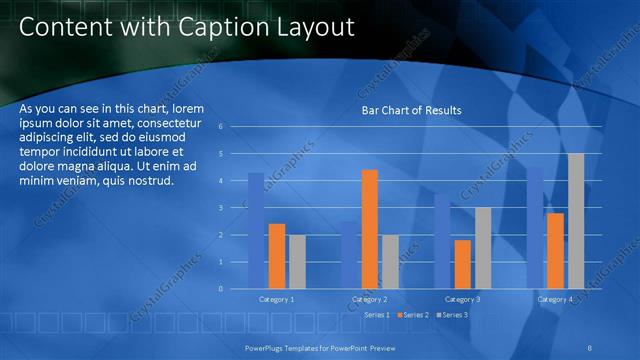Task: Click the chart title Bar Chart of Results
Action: point(411,110)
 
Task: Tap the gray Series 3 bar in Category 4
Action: point(576,221)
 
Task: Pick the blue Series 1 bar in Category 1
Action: point(256,230)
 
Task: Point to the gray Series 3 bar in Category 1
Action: point(298,261)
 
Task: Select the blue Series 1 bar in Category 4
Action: point(535,227)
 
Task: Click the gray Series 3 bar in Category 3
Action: point(483,248)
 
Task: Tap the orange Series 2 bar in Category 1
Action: point(277,256)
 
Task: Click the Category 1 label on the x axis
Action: point(277,299)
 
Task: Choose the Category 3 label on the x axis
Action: point(462,299)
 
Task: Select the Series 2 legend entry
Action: point(414,315)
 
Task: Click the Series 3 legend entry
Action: point(452,315)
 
